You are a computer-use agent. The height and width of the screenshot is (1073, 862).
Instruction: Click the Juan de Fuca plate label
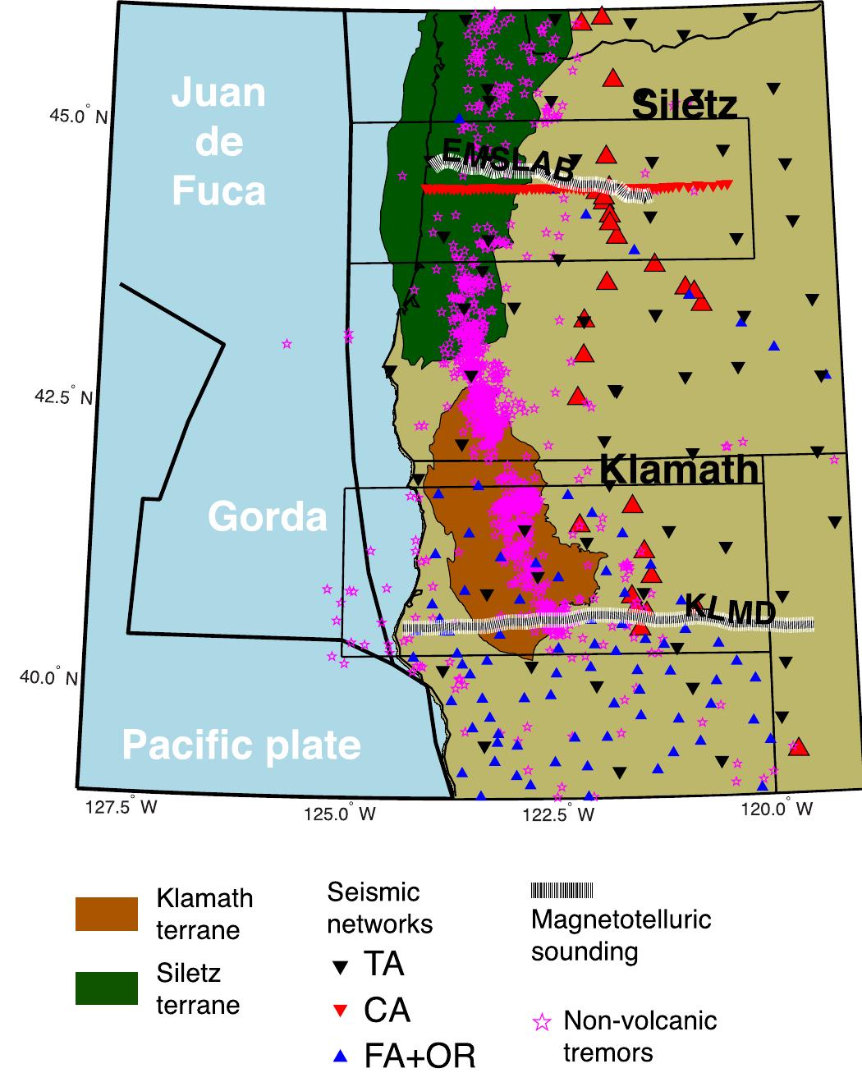(x=218, y=142)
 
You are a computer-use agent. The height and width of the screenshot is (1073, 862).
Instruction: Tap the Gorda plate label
(x=267, y=516)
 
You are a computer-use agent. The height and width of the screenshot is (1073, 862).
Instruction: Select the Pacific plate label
(x=241, y=745)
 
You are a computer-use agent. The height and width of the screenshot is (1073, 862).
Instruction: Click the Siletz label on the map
(x=685, y=105)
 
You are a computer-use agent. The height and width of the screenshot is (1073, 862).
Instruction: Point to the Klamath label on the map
(x=679, y=470)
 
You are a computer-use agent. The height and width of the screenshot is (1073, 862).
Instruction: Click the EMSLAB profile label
(x=507, y=160)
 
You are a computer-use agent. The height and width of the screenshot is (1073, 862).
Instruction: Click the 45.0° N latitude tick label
(x=79, y=116)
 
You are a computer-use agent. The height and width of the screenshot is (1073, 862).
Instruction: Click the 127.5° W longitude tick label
(x=121, y=807)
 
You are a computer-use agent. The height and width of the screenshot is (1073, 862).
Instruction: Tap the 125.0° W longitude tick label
(x=339, y=813)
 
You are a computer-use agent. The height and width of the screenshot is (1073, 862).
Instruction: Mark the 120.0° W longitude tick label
(x=777, y=809)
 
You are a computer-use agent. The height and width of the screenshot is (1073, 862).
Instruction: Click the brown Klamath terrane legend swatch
(x=107, y=914)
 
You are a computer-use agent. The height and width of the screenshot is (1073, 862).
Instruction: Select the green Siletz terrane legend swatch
(x=107, y=988)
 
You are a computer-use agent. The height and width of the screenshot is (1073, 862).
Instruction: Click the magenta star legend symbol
(x=542, y=1022)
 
